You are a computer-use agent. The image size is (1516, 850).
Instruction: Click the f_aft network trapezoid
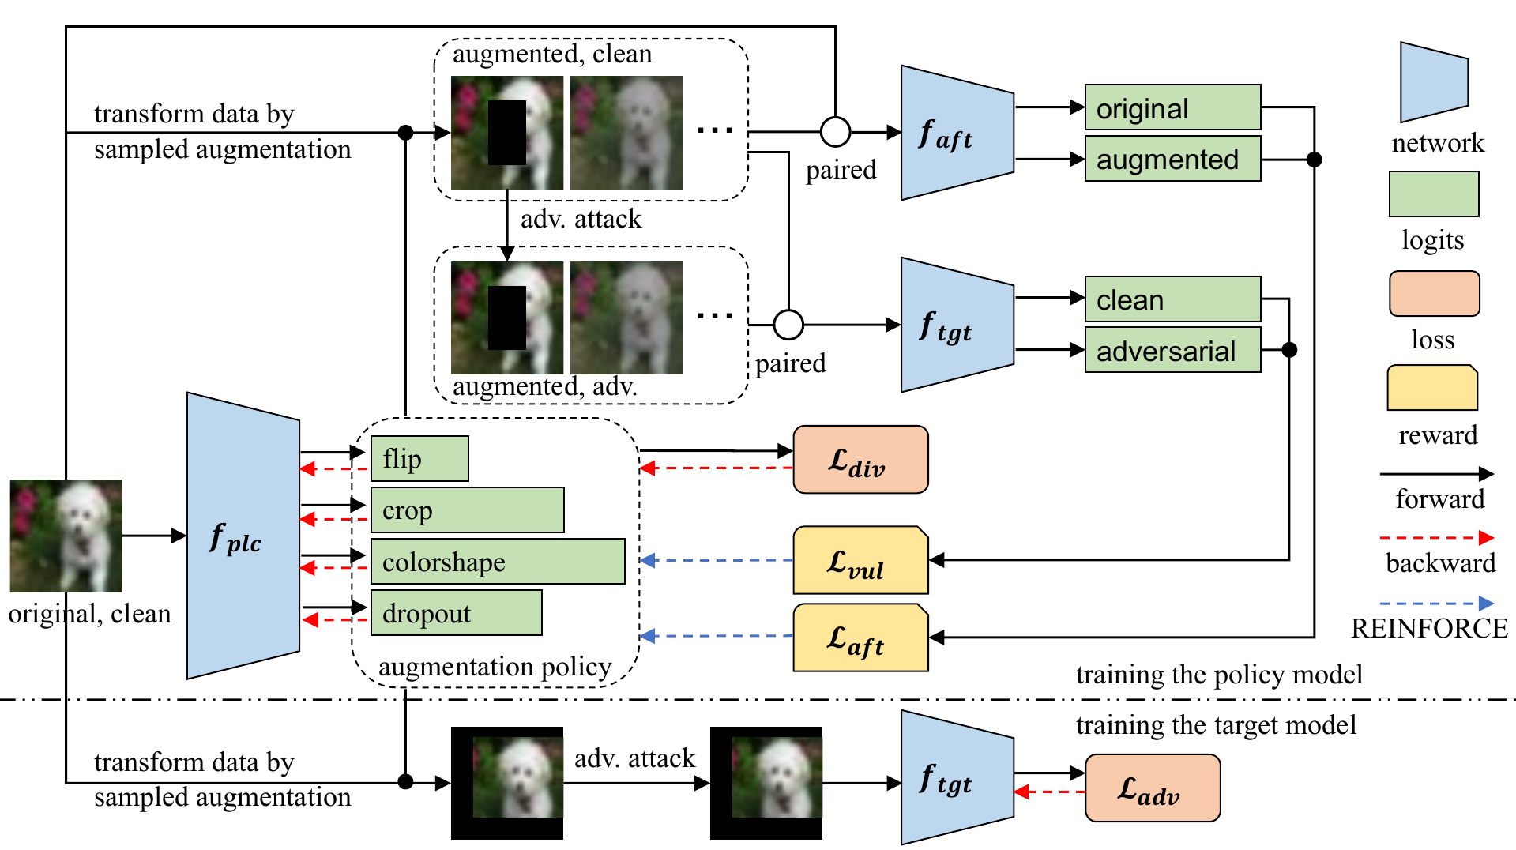tap(957, 133)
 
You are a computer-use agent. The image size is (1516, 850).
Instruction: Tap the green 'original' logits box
tap(1172, 107)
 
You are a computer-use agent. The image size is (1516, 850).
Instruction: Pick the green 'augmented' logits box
tap(1172, 159)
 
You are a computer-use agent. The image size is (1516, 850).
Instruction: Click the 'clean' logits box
tap(1172, 299)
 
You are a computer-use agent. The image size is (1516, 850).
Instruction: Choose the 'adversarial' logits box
tap(1172, 350)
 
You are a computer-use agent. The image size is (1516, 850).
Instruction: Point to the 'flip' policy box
tap(419, 459)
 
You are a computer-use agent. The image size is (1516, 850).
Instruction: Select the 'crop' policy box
tap(467, 510)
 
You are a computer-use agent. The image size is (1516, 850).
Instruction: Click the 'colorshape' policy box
tap(498, 562)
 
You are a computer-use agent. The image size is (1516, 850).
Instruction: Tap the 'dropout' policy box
tap(457, 613)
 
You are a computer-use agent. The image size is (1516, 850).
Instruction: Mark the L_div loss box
tap(860, 460)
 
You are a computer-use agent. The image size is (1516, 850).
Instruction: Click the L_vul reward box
tap(860, 560)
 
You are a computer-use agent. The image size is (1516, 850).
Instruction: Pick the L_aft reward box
tap(860, 637)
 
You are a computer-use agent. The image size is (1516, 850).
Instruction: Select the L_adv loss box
tap(1153, 788)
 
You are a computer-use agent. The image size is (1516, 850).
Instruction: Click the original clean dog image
tap(66, 536)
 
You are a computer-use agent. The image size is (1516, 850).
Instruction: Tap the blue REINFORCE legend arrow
tap(1436, 604)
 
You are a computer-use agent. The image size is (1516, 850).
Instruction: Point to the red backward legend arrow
tap(1436, 538)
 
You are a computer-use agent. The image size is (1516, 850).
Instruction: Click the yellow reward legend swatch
tap(1432, 388)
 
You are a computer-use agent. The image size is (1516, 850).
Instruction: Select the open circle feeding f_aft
tap(835, 132)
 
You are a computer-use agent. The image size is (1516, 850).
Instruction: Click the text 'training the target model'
tap(1216, 725)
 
